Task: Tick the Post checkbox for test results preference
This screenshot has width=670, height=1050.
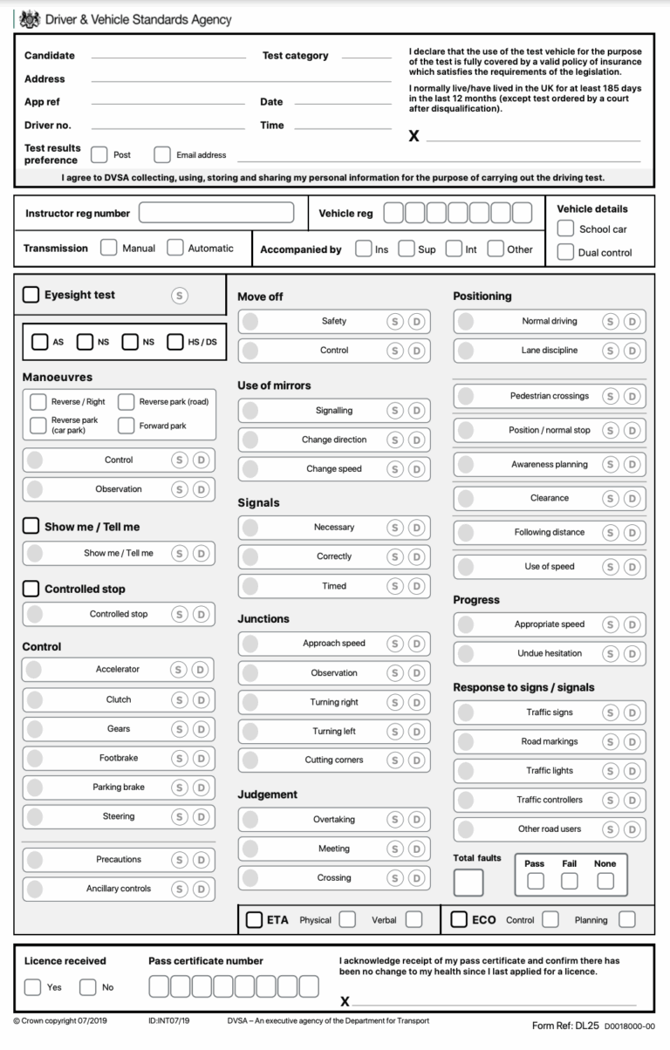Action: [x=99, y=154]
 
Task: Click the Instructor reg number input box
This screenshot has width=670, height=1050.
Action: [x=216, y=213]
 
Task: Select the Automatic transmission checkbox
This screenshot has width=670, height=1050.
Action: [x=175, y=248]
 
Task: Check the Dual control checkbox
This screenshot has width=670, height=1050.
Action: [x=565, y=252]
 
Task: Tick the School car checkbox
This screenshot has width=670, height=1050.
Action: [x=565, y=228]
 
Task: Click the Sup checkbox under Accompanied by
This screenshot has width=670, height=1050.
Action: [x=406, y=249]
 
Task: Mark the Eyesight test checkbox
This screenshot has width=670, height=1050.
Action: [x=31, y=295]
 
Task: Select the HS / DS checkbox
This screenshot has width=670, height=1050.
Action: [x=174, y=342]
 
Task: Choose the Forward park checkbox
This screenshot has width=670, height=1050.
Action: [x=126, y=426]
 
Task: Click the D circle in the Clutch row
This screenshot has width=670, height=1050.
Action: [x=202, y=699]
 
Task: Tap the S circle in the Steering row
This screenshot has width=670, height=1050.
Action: [x=180, y=816]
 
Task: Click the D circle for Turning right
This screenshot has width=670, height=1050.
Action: [x=417, y=702]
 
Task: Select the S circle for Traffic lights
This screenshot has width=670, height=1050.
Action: [x=611, y=770]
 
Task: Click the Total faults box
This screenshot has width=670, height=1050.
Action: [x=468, y=883]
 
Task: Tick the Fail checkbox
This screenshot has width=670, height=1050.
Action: [x=569, y=881]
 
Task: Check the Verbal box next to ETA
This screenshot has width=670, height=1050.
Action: [x=414, y=919]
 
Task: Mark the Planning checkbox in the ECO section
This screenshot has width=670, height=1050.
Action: [x=626, y=919]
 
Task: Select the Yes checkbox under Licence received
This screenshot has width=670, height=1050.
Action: [x=32, y=987]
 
